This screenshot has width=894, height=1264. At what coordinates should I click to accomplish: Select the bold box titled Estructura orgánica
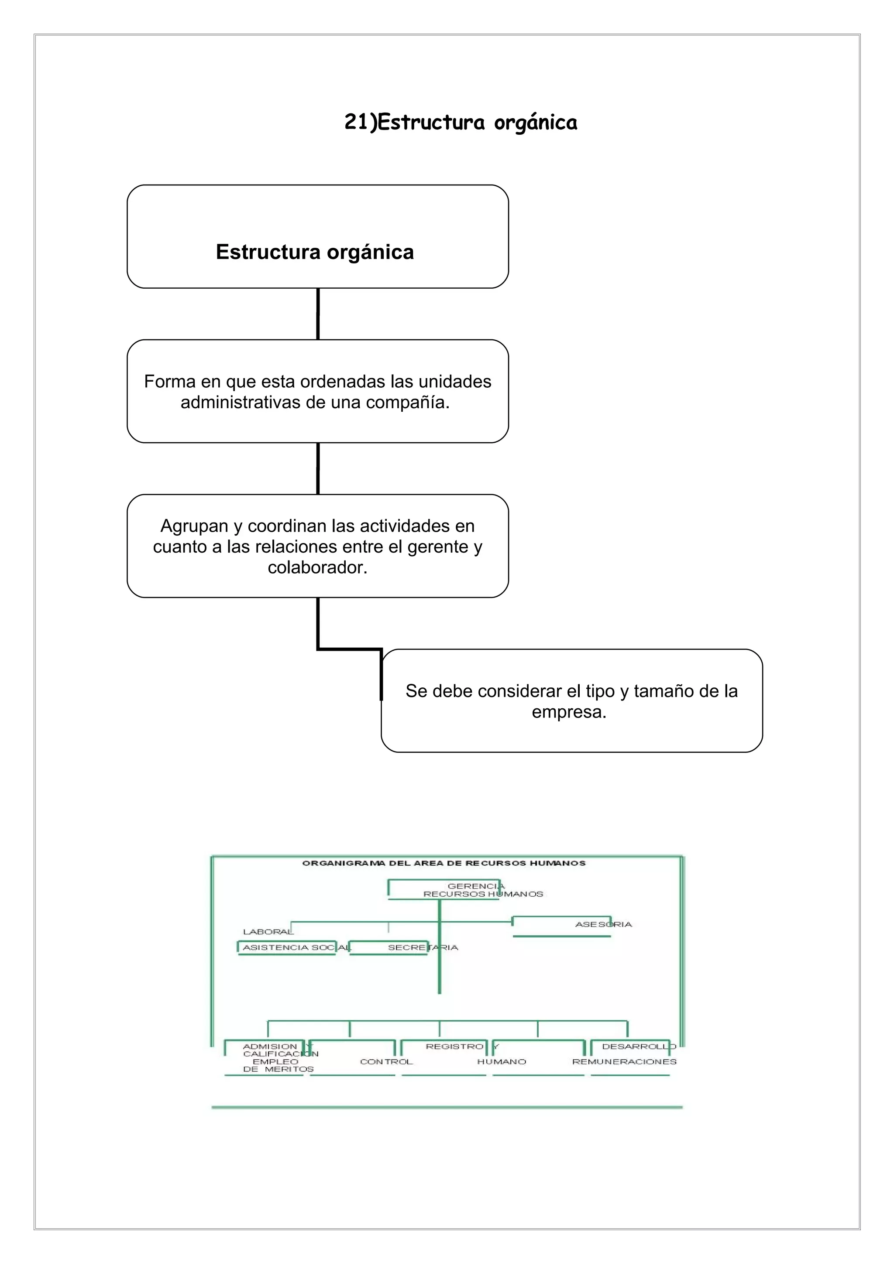317,237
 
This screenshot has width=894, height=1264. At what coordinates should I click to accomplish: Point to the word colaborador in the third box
317,567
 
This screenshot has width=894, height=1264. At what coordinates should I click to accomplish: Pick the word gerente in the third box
438,547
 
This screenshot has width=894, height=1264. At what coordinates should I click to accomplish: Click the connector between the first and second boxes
318,314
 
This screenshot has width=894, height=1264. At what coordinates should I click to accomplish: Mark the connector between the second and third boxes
318,468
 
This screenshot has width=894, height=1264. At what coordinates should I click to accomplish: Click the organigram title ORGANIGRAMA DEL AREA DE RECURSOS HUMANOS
444,863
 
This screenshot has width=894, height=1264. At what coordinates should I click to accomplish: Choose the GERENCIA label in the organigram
476,886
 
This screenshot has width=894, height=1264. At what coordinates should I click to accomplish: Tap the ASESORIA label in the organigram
603,924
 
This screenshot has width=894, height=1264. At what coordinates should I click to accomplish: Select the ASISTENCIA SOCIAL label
296,947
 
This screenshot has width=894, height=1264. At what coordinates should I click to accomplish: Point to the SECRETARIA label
423,947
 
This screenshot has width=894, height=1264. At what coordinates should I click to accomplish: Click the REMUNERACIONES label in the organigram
624,1062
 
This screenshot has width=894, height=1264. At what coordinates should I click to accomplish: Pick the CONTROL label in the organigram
386,1062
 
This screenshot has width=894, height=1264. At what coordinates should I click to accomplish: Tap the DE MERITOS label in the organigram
278,1069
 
